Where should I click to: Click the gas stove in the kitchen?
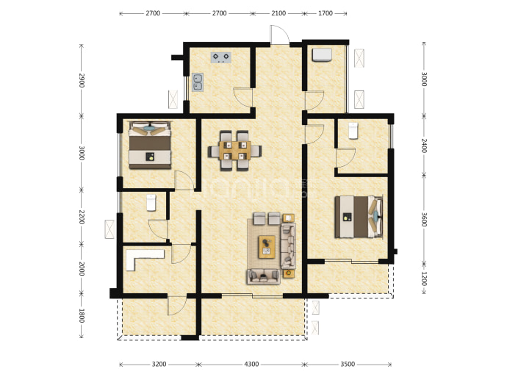[x=221, y=57]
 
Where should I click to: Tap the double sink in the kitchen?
[x=198, y=82]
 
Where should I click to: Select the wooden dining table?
[x=234, y=151]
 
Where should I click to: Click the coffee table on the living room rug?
[x=267, y=247]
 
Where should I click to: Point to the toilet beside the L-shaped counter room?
[x=151, y=203]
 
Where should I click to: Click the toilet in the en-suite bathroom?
[x=353, y=131]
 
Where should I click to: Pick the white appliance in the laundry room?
[x=322, y=54]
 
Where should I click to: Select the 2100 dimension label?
[x=278, y=13]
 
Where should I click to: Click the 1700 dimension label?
[x=326, y=13]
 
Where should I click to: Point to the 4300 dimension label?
[x=251, y=364]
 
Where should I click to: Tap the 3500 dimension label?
[x=348, y=364]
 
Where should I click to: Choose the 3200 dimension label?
[x=159, y=364]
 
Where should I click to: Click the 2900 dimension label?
[x=82, y=80]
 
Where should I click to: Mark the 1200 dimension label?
[x=424, y=279]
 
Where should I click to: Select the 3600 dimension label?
[x=424, y=220]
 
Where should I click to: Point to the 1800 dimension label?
[x=82, y=315]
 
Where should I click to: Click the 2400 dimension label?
[x=424, y=146]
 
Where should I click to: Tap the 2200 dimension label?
[x=82, y=217]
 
